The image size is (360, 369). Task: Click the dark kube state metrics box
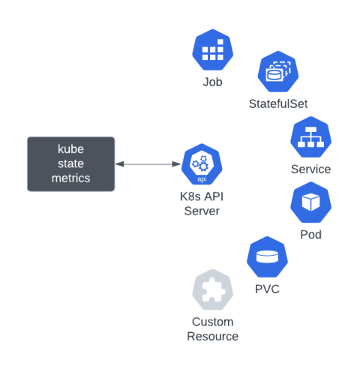click(71, 163)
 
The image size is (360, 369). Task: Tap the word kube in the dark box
click(71, 148)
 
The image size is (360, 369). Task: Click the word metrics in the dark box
click(71, 178)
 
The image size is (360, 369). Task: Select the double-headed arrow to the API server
click(148, 164)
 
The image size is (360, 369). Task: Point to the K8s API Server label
click(202, 204)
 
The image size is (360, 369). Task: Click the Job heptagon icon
click(213, 49)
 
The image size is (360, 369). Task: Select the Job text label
click(213, 82)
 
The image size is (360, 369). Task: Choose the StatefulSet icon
click(278, 72)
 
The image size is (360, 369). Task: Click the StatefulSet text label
click(278, 104)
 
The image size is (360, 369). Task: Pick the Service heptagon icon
click(310, 137)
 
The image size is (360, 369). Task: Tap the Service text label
click(310, 169)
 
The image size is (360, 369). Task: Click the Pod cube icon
click(310, 202)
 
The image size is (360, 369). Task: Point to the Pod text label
click(310, 235)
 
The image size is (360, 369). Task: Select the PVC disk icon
click(268, 257)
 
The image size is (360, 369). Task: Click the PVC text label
click(268, 289)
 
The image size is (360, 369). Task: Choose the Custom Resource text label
click(212, 329)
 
